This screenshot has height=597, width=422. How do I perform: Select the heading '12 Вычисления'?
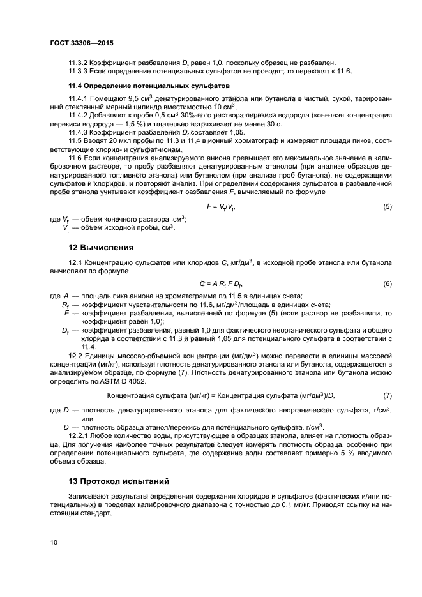(x=100, y=246)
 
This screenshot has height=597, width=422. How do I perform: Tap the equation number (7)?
(x=387, y=396)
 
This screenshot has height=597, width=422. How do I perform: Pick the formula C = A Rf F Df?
(x=222, y=283)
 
